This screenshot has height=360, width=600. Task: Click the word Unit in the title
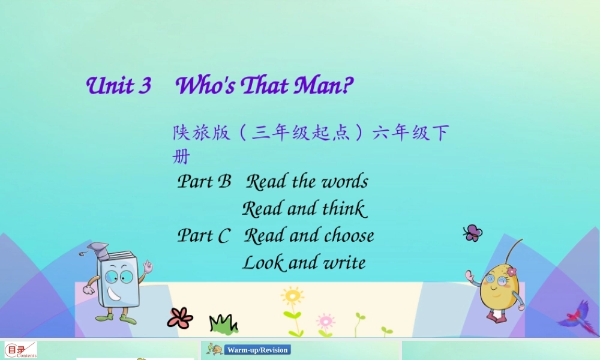point(110,86)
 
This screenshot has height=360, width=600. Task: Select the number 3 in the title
point(145,86)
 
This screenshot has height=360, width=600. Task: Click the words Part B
point(204,181)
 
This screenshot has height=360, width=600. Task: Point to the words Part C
point(203,235)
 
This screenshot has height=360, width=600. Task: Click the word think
point(344,209)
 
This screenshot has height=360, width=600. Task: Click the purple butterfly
point(473,233)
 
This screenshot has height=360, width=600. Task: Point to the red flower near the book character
point(179,317)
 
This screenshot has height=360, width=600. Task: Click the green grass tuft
point(223,324)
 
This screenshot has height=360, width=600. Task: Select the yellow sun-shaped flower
point(292,296)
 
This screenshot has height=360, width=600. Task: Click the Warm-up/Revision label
point(257,350)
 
